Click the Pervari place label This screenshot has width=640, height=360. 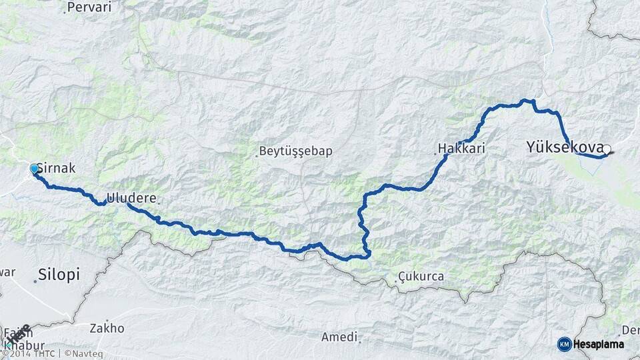pyautogui.click(x=90, y=7)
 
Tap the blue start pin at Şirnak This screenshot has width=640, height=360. pyautogui.click(x=34, y=169)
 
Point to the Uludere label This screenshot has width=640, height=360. pyautogui.click(x=131, y=198)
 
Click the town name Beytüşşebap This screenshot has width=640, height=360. pyautogui.click(x=297, y=151)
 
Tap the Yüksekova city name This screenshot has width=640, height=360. pyautogui.click(x=565, y=146)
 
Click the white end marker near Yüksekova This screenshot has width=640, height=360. pyautogui.click(x=607, y=150)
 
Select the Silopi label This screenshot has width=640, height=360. pyautogui.click(x=59, y=274)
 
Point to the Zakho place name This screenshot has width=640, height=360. pyautogui.click(x=107, y=328)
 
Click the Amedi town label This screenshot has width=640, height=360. pyautogui.click(x=339, y=337)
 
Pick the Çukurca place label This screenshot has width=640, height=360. pyautogui.click(x=420, y=276)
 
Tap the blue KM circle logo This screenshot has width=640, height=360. pyautogui.click(x=564, y=344)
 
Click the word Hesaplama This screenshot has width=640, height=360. pyautogui.click(x=599, y=344)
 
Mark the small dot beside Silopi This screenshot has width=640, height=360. pyautogui.click(x=35, y=281)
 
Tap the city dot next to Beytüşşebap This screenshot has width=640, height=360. pyautogui.click(x=257, y=156)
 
